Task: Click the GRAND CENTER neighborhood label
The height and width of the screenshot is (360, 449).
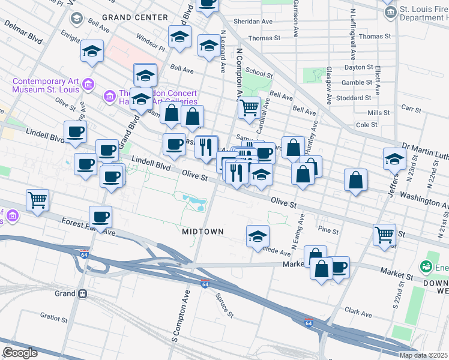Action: [x=134, y=17]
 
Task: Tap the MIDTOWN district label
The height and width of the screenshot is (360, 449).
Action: [x=203, y=231]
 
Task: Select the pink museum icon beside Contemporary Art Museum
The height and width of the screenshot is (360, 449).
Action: [x=88, y=83]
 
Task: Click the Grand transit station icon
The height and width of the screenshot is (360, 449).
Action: [x=82, y=294]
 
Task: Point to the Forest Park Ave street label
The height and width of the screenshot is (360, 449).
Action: [x=88, y=224]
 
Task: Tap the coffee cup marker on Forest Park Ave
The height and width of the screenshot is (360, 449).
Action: [x=100, y=217]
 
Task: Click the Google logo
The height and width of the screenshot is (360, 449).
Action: [x=19, y=353]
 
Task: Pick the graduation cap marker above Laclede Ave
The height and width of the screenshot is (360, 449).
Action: [x=258, y=236]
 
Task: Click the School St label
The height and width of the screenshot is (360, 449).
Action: [x=259, y=73]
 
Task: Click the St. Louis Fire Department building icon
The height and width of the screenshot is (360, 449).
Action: [x=390, y=12]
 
